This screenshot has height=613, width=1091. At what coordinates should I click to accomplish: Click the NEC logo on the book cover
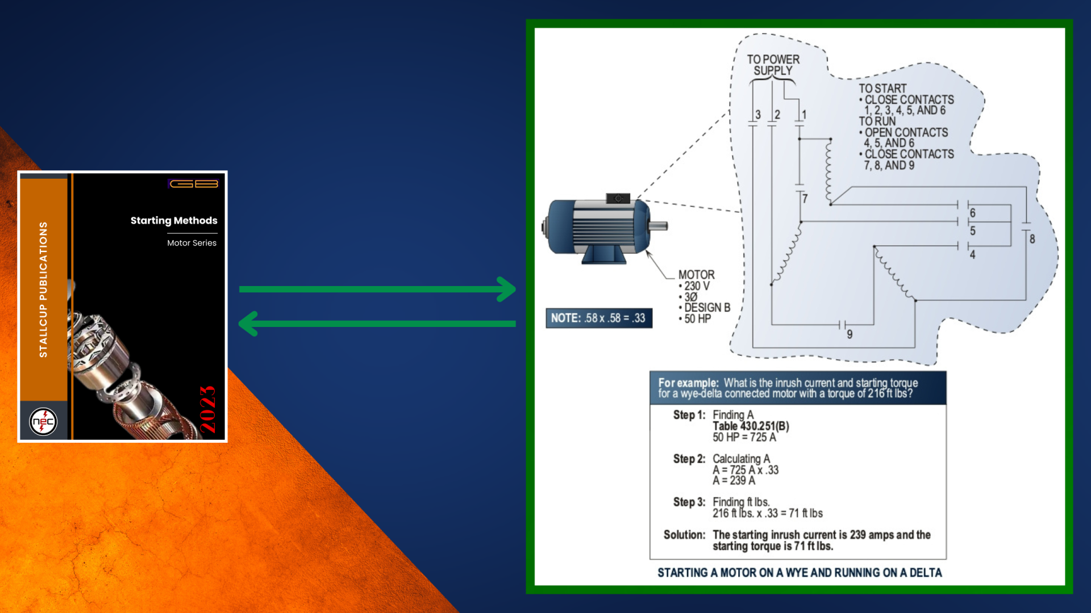click(x=43, y=422)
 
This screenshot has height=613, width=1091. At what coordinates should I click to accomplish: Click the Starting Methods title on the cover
click(x=174, y=220)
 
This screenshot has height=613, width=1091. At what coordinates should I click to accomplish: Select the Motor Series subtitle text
click(x=191, y=243)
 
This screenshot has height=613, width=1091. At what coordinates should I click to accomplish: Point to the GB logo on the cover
click(x=194, y=183)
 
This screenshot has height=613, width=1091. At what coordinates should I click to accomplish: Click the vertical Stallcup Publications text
click(x=43, y=289)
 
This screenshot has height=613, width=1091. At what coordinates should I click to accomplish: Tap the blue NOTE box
click(x=598, y=318)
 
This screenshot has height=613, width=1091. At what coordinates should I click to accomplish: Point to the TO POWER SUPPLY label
click(x=773, y=65)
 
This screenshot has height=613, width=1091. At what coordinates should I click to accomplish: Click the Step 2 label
click(x=689, y=459)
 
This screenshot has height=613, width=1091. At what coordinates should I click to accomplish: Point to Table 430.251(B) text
click(x=751, y=426)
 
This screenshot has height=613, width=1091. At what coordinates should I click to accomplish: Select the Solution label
click(x=684, y=535)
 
